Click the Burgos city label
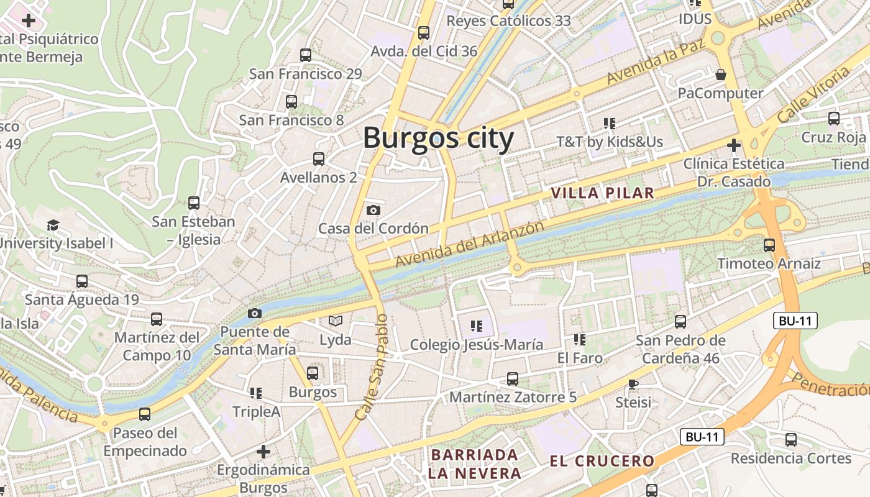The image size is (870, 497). tap(438, 138)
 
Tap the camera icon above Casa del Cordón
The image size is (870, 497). tap(373, 211)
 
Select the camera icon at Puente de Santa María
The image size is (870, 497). tap(254, 313)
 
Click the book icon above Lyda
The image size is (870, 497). tap(336, 321)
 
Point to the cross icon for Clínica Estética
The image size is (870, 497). tap(734, 145)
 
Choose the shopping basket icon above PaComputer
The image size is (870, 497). tap(721, 75)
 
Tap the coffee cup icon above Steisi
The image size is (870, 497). tap(633, 384)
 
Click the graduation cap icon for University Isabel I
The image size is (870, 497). tap(53, 225)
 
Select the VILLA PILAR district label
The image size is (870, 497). tap(602, 193)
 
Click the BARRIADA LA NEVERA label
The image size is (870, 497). tap(475, 464)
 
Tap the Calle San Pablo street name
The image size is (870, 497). tap(373, 367)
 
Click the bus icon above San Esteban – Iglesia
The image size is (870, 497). tap(194, 203)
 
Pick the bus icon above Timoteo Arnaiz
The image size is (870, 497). tap(769, 245)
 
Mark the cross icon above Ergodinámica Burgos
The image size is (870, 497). tap(263, 451)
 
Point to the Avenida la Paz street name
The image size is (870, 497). tap(656, 64)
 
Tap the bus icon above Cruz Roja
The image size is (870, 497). tap(834, 118)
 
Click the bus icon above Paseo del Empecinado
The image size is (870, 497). tap(145, 414)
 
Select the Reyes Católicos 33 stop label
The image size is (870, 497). tap(508, 21)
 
